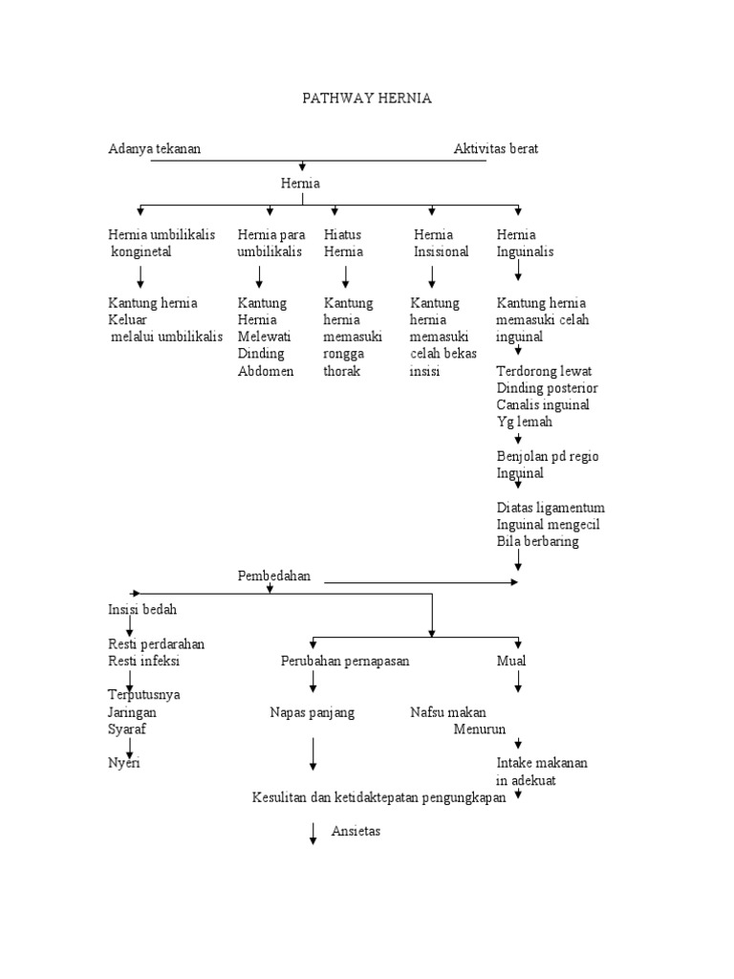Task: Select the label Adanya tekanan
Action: [154, 148]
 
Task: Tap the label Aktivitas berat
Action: [495, 148]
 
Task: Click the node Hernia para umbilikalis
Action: [270, 243]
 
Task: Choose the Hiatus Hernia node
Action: [344, 243]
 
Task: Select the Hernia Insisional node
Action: [441, 243]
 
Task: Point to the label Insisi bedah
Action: [141, 609]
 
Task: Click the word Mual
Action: [511, 661]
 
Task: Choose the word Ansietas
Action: [356, 831]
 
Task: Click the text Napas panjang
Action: [312, 712]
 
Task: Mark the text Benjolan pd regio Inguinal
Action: [547, 464]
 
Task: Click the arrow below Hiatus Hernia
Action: [345, 276]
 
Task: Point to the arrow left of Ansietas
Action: [313, 834]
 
